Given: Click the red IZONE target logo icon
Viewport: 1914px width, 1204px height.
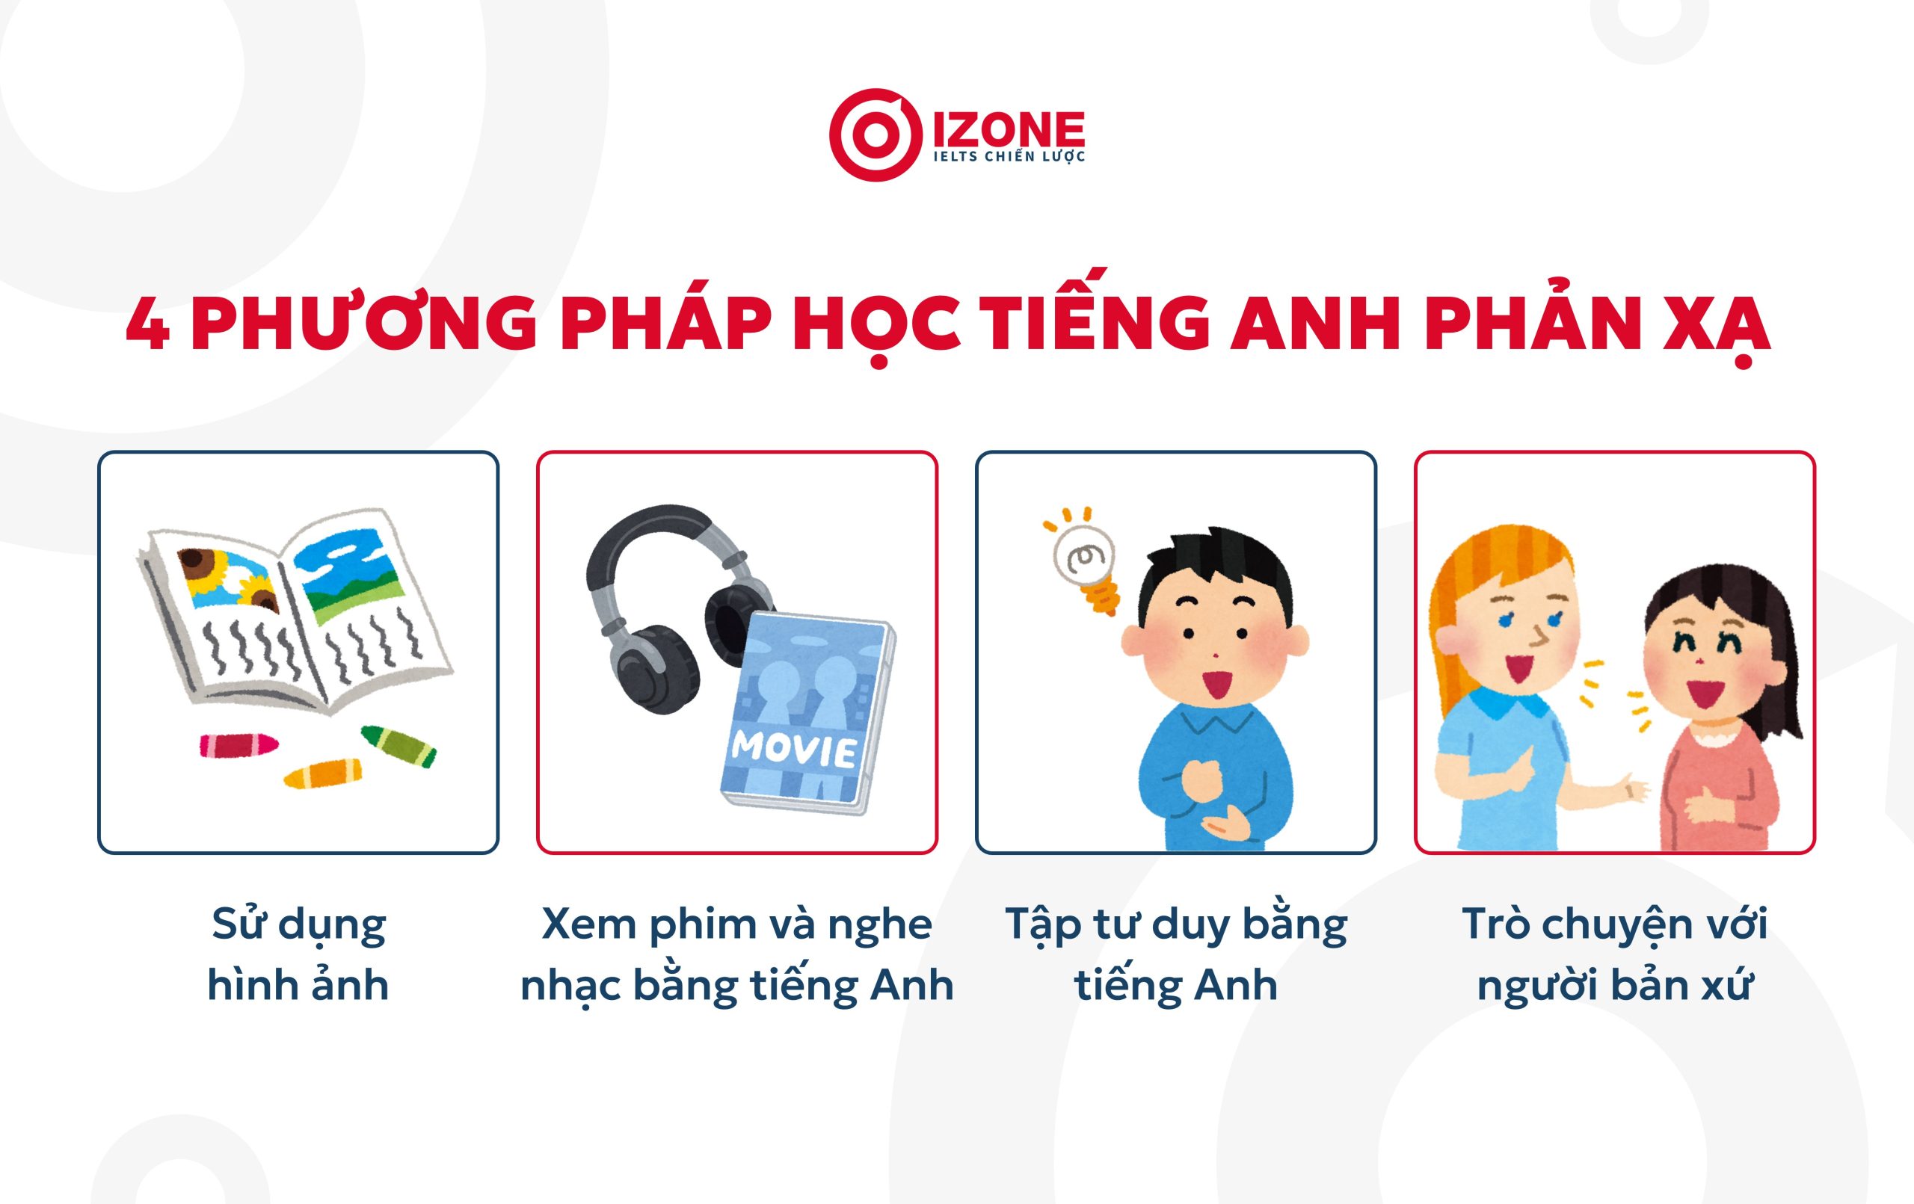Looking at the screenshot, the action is [875, 135].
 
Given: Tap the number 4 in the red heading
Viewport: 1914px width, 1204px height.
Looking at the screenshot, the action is [148, 325].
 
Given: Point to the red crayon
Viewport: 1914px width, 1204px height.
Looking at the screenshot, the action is [239, 744].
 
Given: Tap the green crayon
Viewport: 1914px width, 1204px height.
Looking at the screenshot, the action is [399, 745].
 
